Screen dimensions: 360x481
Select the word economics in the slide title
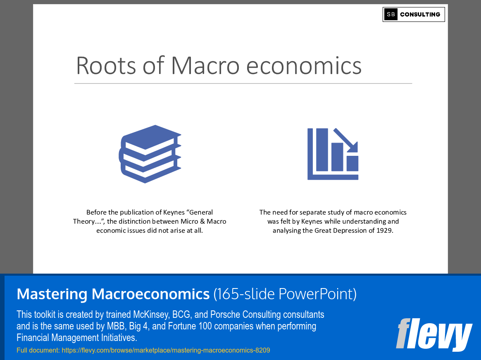[304, 66]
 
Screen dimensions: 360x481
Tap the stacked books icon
[150, 154]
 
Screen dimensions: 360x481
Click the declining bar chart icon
[333, 154]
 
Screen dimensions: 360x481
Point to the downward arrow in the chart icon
[346, 140]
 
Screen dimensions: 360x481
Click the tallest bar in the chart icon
[322, 150]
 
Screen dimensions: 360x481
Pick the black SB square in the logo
[391, 14]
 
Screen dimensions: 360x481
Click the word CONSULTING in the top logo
[420, 14]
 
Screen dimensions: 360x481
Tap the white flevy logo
[434, 335]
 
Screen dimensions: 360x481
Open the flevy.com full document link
[166, 350]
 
